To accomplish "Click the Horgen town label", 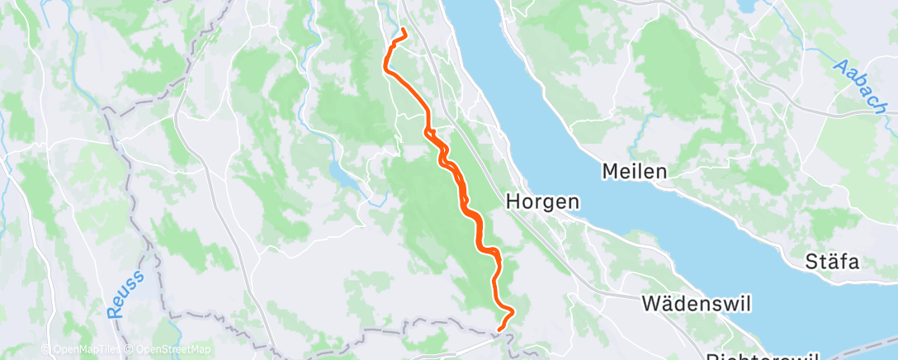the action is (542, 201).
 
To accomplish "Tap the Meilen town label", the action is (634, 172).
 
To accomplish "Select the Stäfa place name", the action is (833, 263).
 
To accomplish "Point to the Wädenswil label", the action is (696, 304).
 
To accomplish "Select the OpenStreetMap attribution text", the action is (172, 349).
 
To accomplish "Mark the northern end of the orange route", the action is (404, 31).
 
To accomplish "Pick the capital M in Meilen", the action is (611, 172).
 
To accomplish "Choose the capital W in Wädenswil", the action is (650, 304).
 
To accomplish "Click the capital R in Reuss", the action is (115, 311).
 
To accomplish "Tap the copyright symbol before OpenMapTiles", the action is (46, 349).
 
